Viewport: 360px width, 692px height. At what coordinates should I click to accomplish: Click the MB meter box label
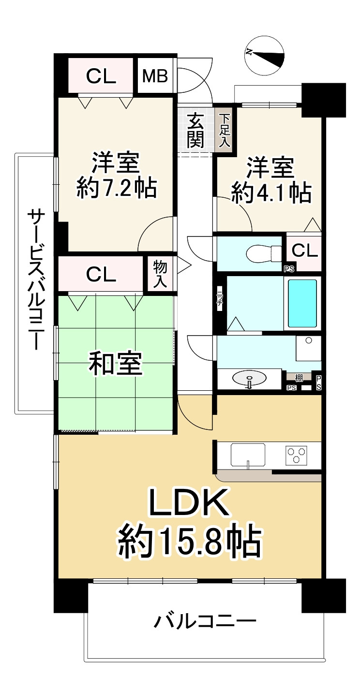point(155,76)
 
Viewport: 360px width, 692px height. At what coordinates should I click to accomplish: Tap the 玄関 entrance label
point(196,131)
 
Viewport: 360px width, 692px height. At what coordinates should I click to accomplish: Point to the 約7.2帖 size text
point(116,188)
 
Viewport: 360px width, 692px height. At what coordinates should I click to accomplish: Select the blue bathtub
point(303,304)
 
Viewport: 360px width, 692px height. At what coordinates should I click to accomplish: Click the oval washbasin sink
point(250,378)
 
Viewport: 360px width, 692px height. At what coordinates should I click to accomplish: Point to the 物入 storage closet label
point(160,274)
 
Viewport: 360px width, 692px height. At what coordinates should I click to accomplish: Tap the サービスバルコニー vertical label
point(34,280)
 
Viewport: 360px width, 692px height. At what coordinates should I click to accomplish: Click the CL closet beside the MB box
point(101,76)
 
